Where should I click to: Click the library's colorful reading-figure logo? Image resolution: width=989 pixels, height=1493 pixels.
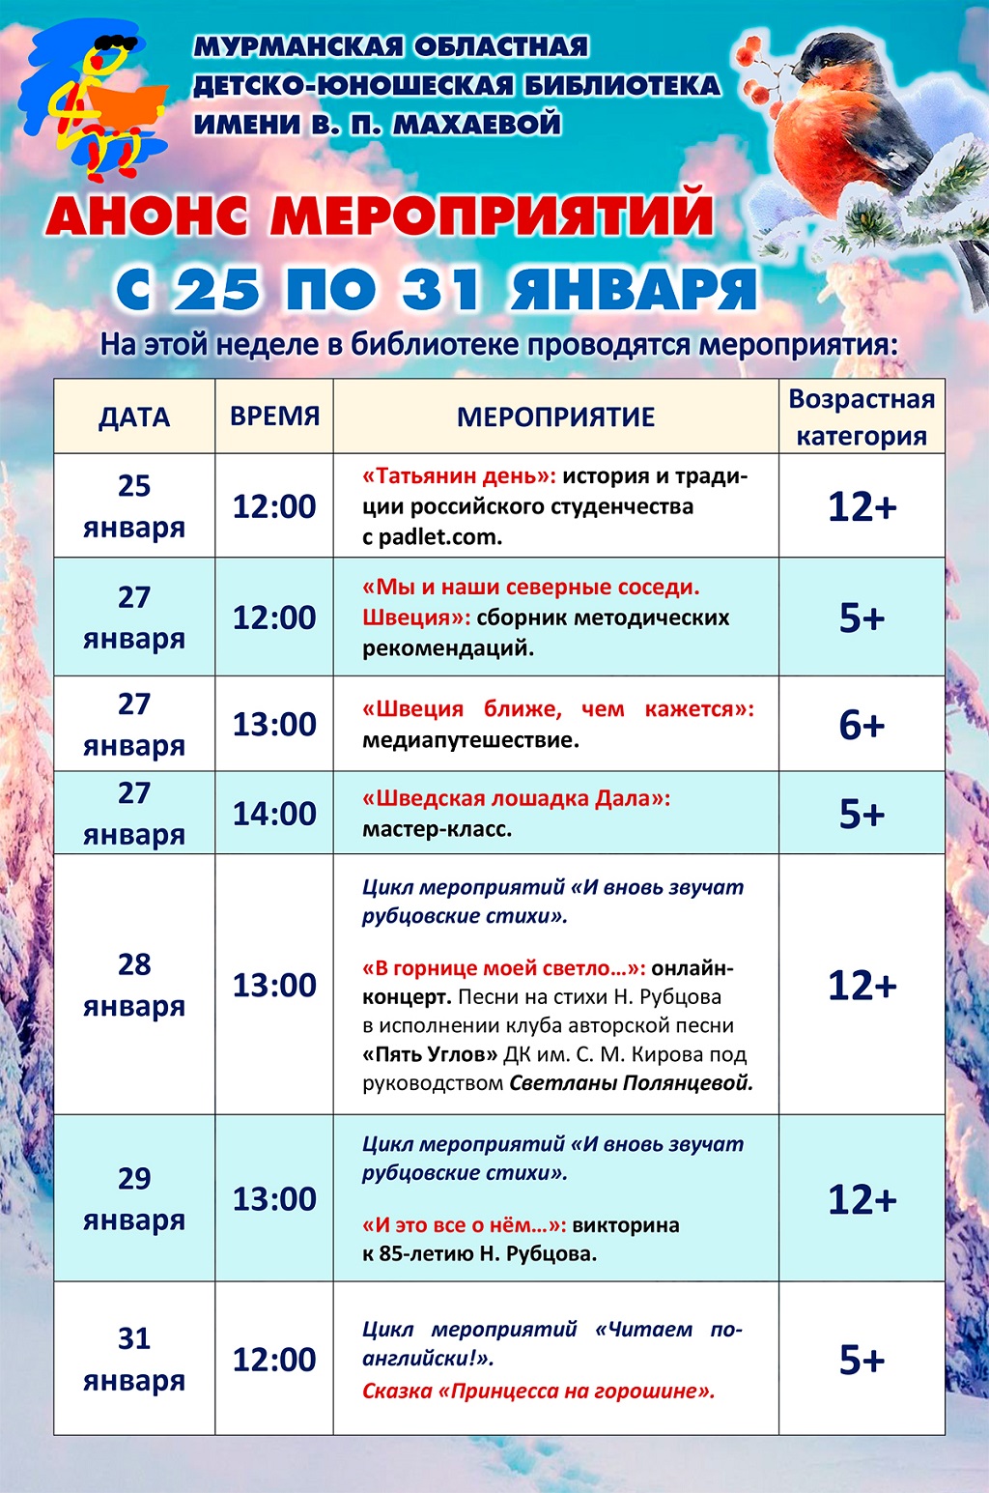point(94,101)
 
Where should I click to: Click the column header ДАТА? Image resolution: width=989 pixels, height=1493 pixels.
point(134,417)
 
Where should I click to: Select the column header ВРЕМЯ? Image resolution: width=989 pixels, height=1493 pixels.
point(274,416)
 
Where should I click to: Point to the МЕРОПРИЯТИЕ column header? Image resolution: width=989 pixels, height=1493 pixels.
point(555,417)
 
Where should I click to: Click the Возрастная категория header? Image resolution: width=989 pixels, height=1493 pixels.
point(862,417)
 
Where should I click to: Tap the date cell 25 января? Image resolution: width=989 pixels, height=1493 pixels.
point(134,506)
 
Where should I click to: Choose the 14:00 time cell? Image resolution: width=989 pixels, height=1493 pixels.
point(274,814)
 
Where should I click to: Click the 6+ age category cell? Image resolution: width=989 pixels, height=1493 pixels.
point(862,724)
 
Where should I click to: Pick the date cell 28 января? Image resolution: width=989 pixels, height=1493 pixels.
point(134,985)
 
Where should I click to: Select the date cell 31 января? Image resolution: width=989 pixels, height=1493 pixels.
point(134,1360)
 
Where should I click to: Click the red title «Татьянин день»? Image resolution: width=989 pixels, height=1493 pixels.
point(459,476)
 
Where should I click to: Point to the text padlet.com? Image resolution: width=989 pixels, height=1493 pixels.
point(440,537)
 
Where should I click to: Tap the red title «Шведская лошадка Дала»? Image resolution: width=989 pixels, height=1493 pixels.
point(516,799)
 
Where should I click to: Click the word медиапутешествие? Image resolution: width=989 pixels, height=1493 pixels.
point(470,740)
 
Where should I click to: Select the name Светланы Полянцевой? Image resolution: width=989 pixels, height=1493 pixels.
point(631,1083)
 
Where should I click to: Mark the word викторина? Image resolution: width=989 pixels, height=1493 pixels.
point(626,1225)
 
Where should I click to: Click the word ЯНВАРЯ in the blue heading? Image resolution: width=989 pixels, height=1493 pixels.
point(633,289)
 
